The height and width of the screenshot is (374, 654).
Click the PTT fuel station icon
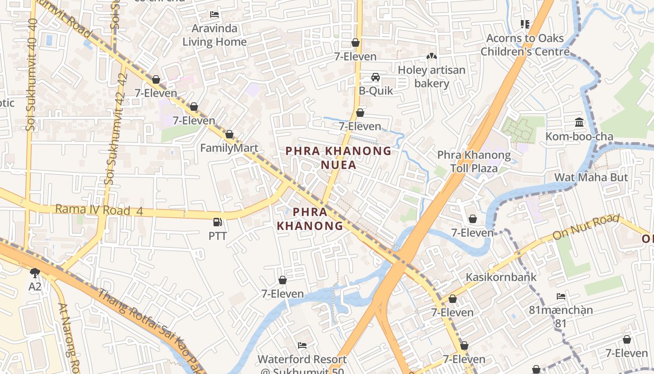click(217, 222)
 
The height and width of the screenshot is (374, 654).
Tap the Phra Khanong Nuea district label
click(338, 158)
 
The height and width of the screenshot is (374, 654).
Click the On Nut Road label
click(586, 228)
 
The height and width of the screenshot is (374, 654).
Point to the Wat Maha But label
click(591, 178)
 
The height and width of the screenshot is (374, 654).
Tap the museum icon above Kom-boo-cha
click(579, 122)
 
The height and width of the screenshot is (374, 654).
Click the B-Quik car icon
click(376, 77)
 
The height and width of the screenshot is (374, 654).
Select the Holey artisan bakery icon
click(432, 57)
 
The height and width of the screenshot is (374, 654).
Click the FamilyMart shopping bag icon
click(229, 135)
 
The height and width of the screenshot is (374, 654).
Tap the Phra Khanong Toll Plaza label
click(474, 161)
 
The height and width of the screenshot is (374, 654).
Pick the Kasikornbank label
click(501, 277)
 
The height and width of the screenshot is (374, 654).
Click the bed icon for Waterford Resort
click(302, 345)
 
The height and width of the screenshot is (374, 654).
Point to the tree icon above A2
click(35, 273)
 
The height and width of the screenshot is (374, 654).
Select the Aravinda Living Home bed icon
click(214, 14)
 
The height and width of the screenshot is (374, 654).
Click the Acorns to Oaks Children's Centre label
click(525, 45)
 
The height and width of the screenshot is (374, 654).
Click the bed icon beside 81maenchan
click(561, 296)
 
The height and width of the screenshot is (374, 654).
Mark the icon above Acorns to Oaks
click(525, 24)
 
